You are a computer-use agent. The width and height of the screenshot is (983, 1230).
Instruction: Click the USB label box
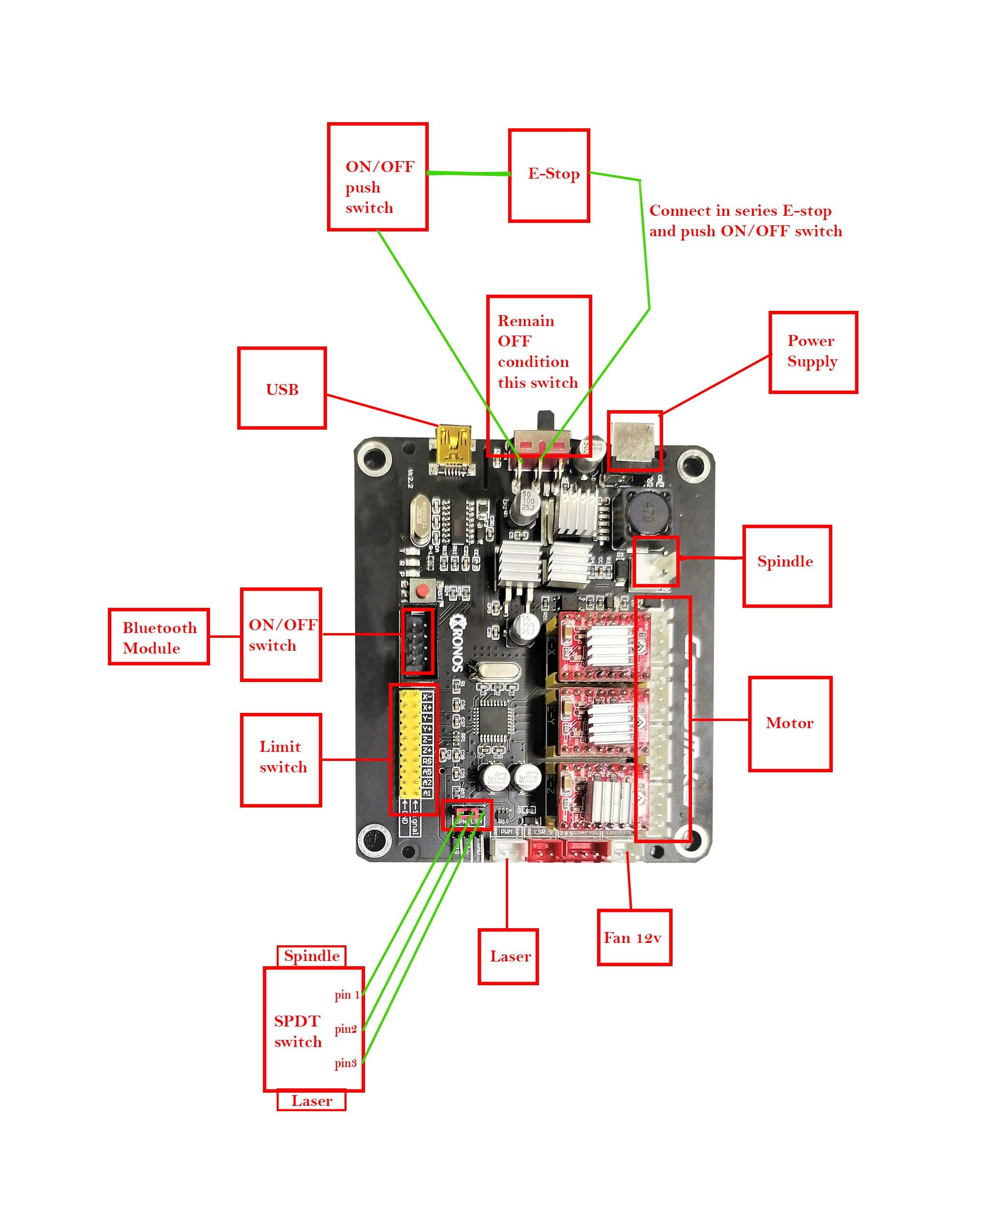281,388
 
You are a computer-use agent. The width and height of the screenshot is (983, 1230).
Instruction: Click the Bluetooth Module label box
159,636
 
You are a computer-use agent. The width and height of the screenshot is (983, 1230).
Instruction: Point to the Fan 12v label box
634,937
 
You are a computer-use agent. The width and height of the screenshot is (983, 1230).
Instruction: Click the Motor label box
790,723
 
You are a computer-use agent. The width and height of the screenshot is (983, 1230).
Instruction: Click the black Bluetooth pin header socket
418,641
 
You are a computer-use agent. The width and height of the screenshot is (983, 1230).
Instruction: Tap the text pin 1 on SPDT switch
347,994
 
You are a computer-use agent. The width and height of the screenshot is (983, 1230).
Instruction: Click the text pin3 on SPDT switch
345,1063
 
